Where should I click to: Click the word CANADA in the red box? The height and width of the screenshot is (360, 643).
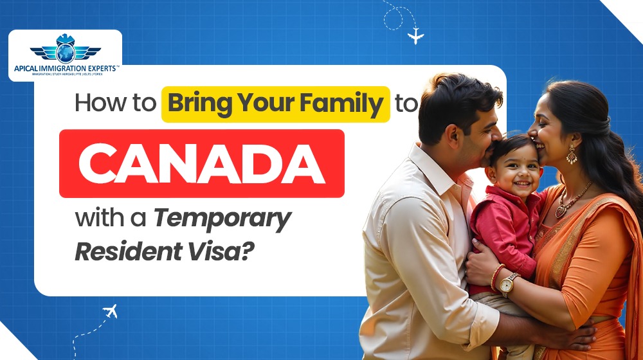point(201,163)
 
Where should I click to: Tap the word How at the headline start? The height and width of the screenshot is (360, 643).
point(97,104)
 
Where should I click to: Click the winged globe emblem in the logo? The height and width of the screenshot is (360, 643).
point(65,48)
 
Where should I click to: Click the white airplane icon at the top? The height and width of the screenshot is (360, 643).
point(416,35)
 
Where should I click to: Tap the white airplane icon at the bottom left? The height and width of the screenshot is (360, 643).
point(110,312)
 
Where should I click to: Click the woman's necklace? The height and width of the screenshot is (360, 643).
point(572,199)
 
